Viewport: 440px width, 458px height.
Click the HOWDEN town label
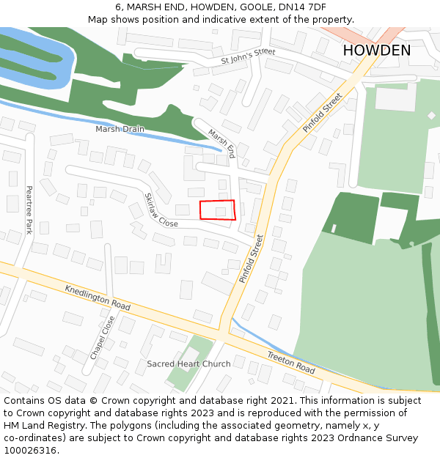tap(376, 51)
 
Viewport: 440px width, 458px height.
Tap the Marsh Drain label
tap(120, 129)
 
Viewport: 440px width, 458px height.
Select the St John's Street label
tap(248, 57)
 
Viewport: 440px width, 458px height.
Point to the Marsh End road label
tap(221, 144)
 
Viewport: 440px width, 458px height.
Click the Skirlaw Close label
tap(161, 210)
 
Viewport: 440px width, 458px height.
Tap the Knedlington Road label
tap(97, 295)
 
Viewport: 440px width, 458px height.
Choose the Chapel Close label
tap(103, 337)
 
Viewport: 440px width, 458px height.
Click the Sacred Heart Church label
tap(188, 363)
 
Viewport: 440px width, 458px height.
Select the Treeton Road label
tap(290, 362)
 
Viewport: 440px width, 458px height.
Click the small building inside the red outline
tap(221, 212)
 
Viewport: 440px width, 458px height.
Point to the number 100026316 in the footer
tap(29, 450)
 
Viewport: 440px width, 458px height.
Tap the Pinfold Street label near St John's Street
tap(323, 113)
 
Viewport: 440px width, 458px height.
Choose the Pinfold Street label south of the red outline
tap(251, 258)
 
